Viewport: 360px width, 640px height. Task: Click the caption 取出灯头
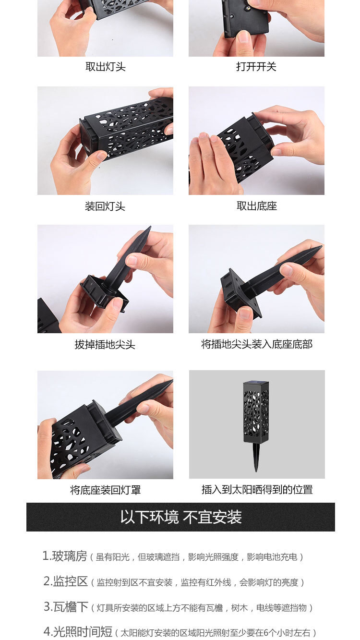click(106, 67)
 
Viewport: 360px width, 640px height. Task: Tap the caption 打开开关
click(256, 67)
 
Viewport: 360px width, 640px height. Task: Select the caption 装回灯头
click(105, 206)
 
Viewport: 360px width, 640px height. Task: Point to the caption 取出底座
click(257, 206)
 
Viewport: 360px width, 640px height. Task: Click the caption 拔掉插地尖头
click(105, 344)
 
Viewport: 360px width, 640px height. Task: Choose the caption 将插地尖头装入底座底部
click(257, 344)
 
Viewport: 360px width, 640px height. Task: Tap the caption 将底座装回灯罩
click(106, 490)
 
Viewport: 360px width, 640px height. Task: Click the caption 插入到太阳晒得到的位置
click(257, 489)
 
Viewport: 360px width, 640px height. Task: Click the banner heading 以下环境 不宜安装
click(181, 517)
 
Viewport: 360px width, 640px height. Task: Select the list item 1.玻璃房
click(65, 556)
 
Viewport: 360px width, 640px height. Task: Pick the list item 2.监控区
click(65, 581)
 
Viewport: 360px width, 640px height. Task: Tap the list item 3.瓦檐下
click(66, 606)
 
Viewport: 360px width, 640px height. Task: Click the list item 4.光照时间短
click(78, 631)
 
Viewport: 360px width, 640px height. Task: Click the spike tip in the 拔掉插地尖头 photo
click(149, 228)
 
